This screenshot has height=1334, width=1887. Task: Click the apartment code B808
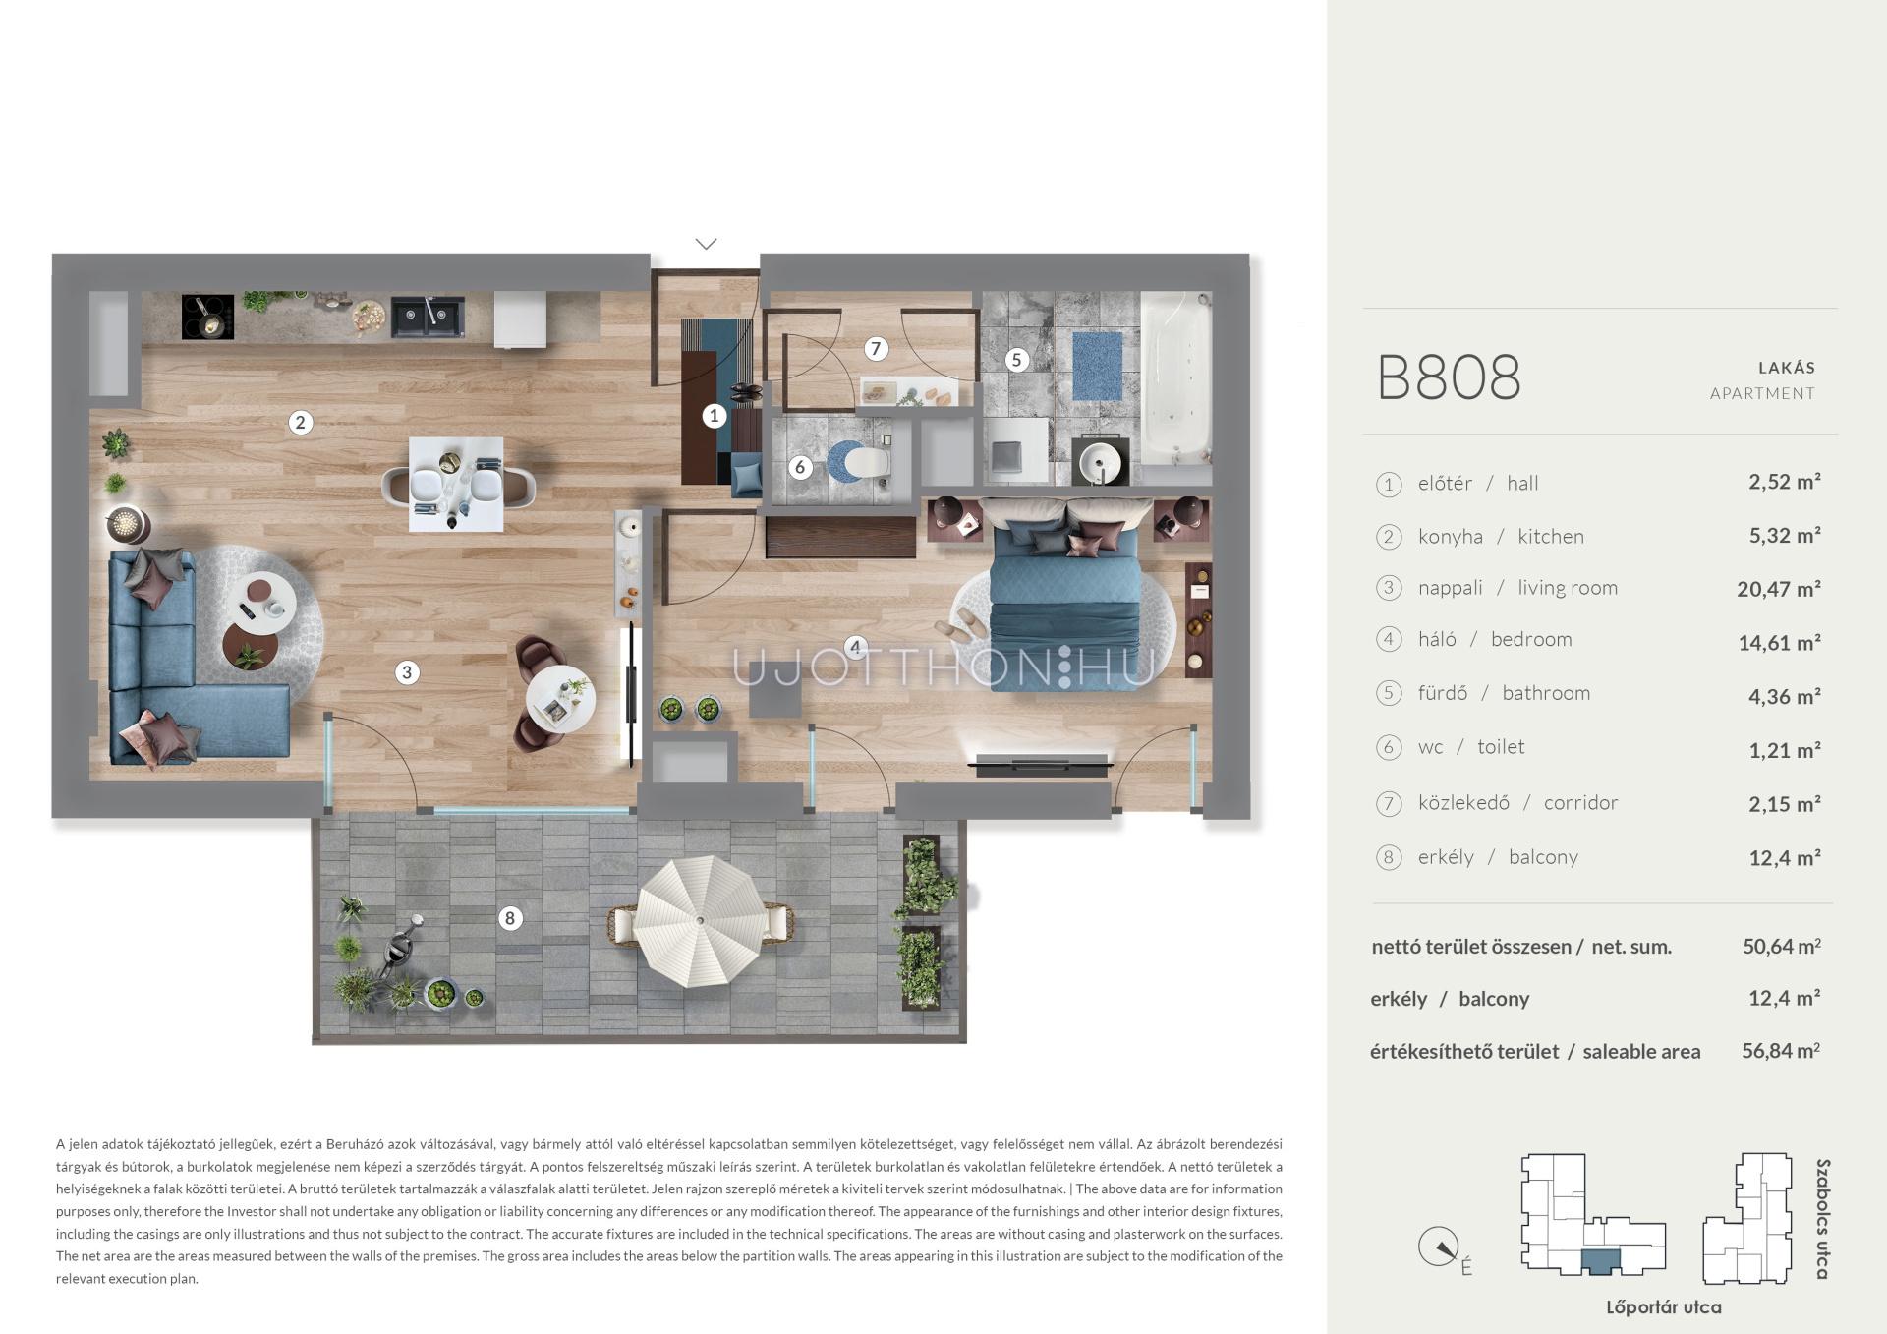pyautogui.click(x=1449, y=377)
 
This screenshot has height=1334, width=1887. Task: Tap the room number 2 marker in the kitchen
pyautogui.click(x=300, y=423)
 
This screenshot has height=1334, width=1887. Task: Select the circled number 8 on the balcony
pyautogui.click(x=509, y=918)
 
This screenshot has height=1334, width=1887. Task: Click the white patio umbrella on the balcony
pyautogui.click(x=700, y=920)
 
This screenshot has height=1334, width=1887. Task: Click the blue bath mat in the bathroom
pyautogui.click(x=1097, y=366)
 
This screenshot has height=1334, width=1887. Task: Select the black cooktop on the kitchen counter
pyautogui.click(x=207, y=317)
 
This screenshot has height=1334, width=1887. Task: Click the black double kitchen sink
pyautogui.click(x=429, y=318)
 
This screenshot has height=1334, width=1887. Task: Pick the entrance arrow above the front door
pyautogui.click(x=706, y=243)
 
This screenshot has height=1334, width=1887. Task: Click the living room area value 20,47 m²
pyautogui.click(x=1779, y=589)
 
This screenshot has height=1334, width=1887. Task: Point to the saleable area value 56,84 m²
pyautogui.click(x=1781, y=1050)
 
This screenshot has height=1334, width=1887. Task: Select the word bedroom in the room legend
pyautogui.click(x=1531, y=639)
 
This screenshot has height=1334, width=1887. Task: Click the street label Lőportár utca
pyautogui.click(x=1663, y=1307)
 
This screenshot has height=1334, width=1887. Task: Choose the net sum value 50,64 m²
pyautogui.click(x=1782, y=946)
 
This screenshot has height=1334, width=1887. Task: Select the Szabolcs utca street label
pyautogui.click(x=1822, y=1219)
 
